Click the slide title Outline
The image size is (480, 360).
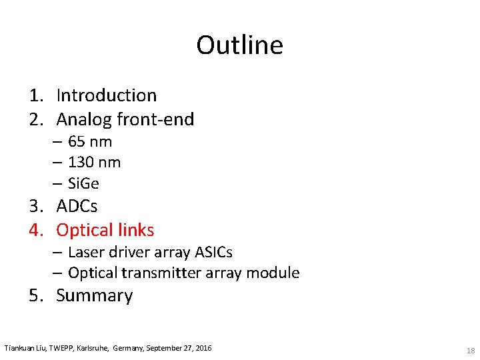pos(239,45)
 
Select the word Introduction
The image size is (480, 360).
pos(106,96)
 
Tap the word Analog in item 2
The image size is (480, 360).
pos(84,120)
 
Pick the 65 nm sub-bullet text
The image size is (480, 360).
pos(90,142)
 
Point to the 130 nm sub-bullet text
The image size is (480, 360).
pos(94,163)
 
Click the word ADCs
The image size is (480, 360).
pos(77,207)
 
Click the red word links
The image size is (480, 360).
pos(135,231)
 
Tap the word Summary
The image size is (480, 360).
pos(95,296)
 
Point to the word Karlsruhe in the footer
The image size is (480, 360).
pos(93,349)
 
